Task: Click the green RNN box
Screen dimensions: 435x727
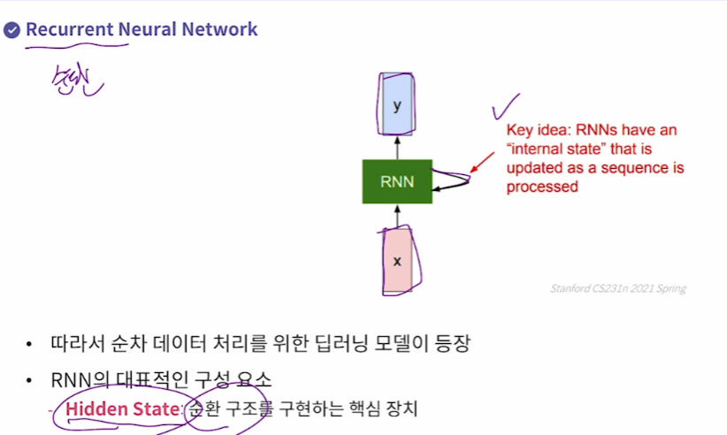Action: (x=397, y=181)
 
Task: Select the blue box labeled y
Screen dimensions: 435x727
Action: (x=397, y=104)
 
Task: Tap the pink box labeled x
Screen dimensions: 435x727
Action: (x=396, y=262)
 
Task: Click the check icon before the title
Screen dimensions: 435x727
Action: (x=11, y=30)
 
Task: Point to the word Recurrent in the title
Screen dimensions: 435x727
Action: (x=69, y=29)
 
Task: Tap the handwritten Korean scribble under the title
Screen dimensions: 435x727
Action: (x=76, y=80)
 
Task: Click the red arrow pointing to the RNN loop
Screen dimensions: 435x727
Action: (x=483, y=161)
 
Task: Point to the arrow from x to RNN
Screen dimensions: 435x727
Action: (x=397, y=216)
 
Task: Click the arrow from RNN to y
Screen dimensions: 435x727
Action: (x=397, y=147)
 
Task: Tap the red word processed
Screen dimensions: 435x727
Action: (x=542, y=187)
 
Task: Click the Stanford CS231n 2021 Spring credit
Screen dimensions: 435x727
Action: (x=617, y=288)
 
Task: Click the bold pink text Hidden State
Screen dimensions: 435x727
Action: (x=122, y=409)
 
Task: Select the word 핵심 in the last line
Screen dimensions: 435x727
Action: (x=360, y=409)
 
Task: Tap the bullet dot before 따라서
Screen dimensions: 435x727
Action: (x=30, y=343)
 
